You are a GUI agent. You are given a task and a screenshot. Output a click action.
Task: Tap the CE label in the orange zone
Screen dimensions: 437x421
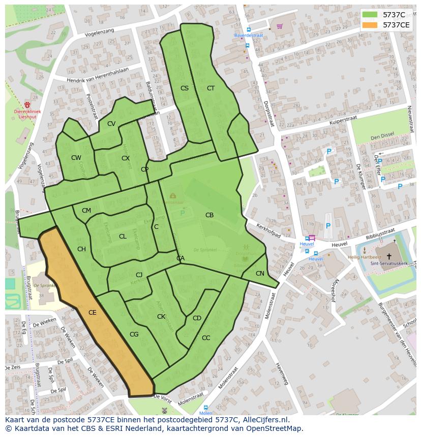[92, 313]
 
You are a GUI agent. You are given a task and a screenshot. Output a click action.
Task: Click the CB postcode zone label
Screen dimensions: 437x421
[209, 215]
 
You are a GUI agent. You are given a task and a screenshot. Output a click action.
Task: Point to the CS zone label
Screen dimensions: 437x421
[185, 88]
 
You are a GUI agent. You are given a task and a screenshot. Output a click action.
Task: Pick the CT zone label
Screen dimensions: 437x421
[211, 88]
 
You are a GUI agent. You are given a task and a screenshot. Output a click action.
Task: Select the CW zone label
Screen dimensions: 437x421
[76, 158]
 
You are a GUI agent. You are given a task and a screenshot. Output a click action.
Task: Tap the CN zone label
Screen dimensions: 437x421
[260, 274]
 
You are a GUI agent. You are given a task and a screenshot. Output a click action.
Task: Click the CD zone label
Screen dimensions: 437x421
[197, 318]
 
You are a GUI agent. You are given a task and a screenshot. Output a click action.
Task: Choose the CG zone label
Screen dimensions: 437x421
[134, 334]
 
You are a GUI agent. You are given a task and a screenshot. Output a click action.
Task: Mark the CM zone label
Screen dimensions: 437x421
[86, 211]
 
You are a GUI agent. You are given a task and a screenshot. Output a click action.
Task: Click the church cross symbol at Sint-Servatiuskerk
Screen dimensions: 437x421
[389, 256]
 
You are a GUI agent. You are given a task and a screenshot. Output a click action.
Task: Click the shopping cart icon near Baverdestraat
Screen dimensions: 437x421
[279, 26]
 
